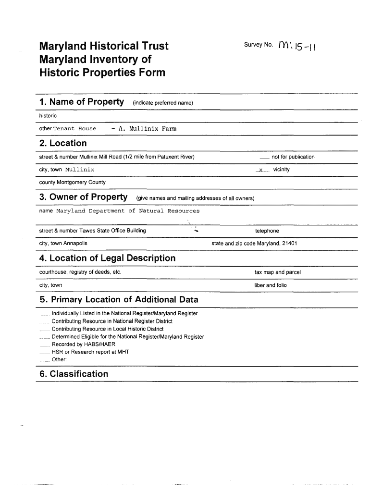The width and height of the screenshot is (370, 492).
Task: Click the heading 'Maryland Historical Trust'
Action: (x=104, y=46)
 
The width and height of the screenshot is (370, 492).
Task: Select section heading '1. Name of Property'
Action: (x=81, y=102)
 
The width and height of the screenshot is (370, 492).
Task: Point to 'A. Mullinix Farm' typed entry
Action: (x=144, y=129)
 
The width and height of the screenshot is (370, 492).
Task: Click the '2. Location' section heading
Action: (x=63, y=143)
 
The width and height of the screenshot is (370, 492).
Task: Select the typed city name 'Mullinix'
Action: (x=80, y=170)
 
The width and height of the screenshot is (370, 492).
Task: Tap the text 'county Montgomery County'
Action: (x=72, y=183)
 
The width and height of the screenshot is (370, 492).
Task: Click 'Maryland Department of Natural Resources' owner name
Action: (x=128, y=211)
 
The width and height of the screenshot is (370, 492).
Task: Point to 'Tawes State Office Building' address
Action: (x=112, y=231)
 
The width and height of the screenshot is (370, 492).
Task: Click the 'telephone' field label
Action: (x=267, y=231)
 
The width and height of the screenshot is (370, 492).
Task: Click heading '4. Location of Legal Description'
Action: (x=107, y=258)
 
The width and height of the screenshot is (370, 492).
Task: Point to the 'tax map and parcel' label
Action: (x=277, y=272)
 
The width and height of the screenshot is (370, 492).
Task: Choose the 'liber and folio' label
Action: (x=271, y=285)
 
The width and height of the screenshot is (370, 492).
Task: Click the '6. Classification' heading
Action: (x=74, y=374)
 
